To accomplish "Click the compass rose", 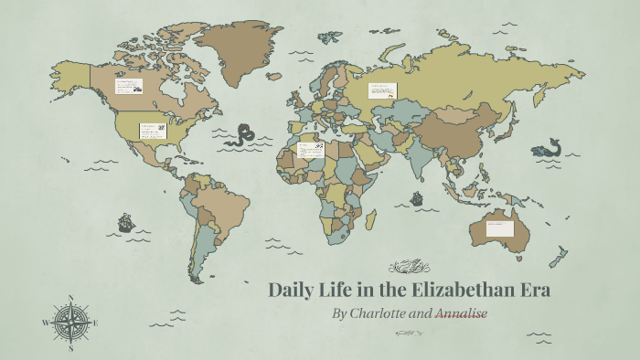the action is click(x=70, y=323).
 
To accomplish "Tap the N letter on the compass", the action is click(x=70, y=298).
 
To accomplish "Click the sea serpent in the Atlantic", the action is click(x=243, y=137).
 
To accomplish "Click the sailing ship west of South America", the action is click(x=125, y=222).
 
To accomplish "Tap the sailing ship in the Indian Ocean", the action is click(x=417, y=197).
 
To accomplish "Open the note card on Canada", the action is click(x=128, y=87).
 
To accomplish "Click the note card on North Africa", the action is click(x=311, y=148).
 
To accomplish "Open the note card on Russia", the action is click(x=382, y=90).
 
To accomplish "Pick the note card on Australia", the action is click(x=499, y=228).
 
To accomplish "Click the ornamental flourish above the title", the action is click(x=409, y=267).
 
